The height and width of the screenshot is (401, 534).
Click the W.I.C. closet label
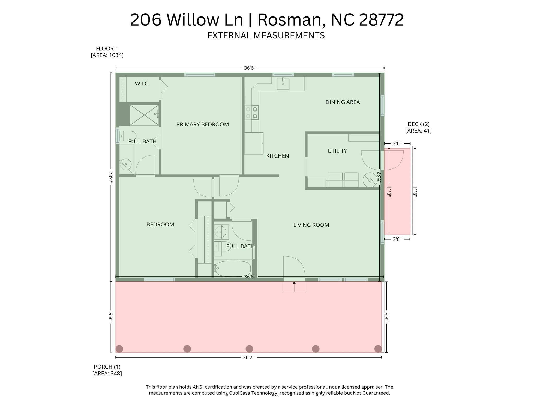pos(142,84)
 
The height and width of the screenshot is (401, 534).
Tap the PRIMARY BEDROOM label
pos(202,124)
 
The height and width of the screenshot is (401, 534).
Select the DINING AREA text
pos(343,102)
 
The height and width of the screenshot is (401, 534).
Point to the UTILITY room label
pos(337,151)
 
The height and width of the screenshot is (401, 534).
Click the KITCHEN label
pos(277,156)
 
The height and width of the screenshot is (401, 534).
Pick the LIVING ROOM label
pos(311,225)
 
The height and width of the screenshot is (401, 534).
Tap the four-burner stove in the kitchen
pos(251,113)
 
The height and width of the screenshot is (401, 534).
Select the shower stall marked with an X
pos(144,115)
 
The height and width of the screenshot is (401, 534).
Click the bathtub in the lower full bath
pos(233,269)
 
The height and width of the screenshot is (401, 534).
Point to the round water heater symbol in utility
pos(370,180)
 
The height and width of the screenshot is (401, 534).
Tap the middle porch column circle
pos(249,348)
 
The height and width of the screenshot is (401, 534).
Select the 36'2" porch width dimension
pos(248,357)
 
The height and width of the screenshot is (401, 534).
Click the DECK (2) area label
pos(418,124)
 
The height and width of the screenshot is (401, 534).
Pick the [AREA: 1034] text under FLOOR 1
pos(107,55)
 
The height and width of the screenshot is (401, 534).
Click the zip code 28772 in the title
pos(381,20)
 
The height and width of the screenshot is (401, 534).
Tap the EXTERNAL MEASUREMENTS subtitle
pos(266,35)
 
